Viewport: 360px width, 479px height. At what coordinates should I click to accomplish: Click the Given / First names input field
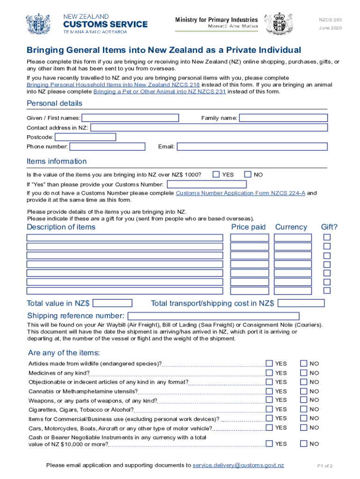pyautogui.click(x=130, y=118)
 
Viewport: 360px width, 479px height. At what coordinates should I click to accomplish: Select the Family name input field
pyautogui.click(x=283, y=118)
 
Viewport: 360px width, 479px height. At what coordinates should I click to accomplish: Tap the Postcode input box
pyautogui.click(x=85, y=137)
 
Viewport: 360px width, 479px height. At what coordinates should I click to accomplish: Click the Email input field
pyautogui.click(x=252, y=147)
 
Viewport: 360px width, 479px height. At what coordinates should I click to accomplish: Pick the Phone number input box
pyautogui.click(x=107, y=147)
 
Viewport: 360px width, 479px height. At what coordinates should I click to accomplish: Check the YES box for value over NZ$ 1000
pyautogui.click(x=216, y=174)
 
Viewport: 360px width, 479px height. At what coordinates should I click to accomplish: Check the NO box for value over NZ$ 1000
pyautogui.click(x=248, y=174)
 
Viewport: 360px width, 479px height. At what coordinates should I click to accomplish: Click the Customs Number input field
pyautogui.click(x=206, y=184)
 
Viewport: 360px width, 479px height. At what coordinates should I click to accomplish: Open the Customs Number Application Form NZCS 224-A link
pyautogui.click(x=240, y=193)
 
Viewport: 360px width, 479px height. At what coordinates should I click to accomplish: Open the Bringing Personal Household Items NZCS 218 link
pyautogui.click(x=113, y=85)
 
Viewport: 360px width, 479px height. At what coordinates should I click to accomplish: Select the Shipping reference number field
pyautogui.click(x=213, y=316)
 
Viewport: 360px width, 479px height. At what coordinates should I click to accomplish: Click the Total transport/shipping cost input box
pyautogui.click(x=301, y=303)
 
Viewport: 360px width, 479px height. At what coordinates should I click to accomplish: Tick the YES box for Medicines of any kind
pyautogui.click(x=269, y=373)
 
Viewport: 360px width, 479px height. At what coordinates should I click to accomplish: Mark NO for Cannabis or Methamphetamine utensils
pyautogui.click(x=304, y=391)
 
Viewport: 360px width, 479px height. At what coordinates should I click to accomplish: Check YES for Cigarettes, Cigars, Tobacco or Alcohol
pyautogui.click(x=269, y=409)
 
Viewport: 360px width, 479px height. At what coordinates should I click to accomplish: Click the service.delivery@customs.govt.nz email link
pyautogui.click(x=238, y=465)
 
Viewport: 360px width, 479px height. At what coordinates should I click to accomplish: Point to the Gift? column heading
pyautogui.click(x=329, y=227)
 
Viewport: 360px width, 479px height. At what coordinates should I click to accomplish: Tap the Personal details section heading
pyautogui.click(x=54, y=103)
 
